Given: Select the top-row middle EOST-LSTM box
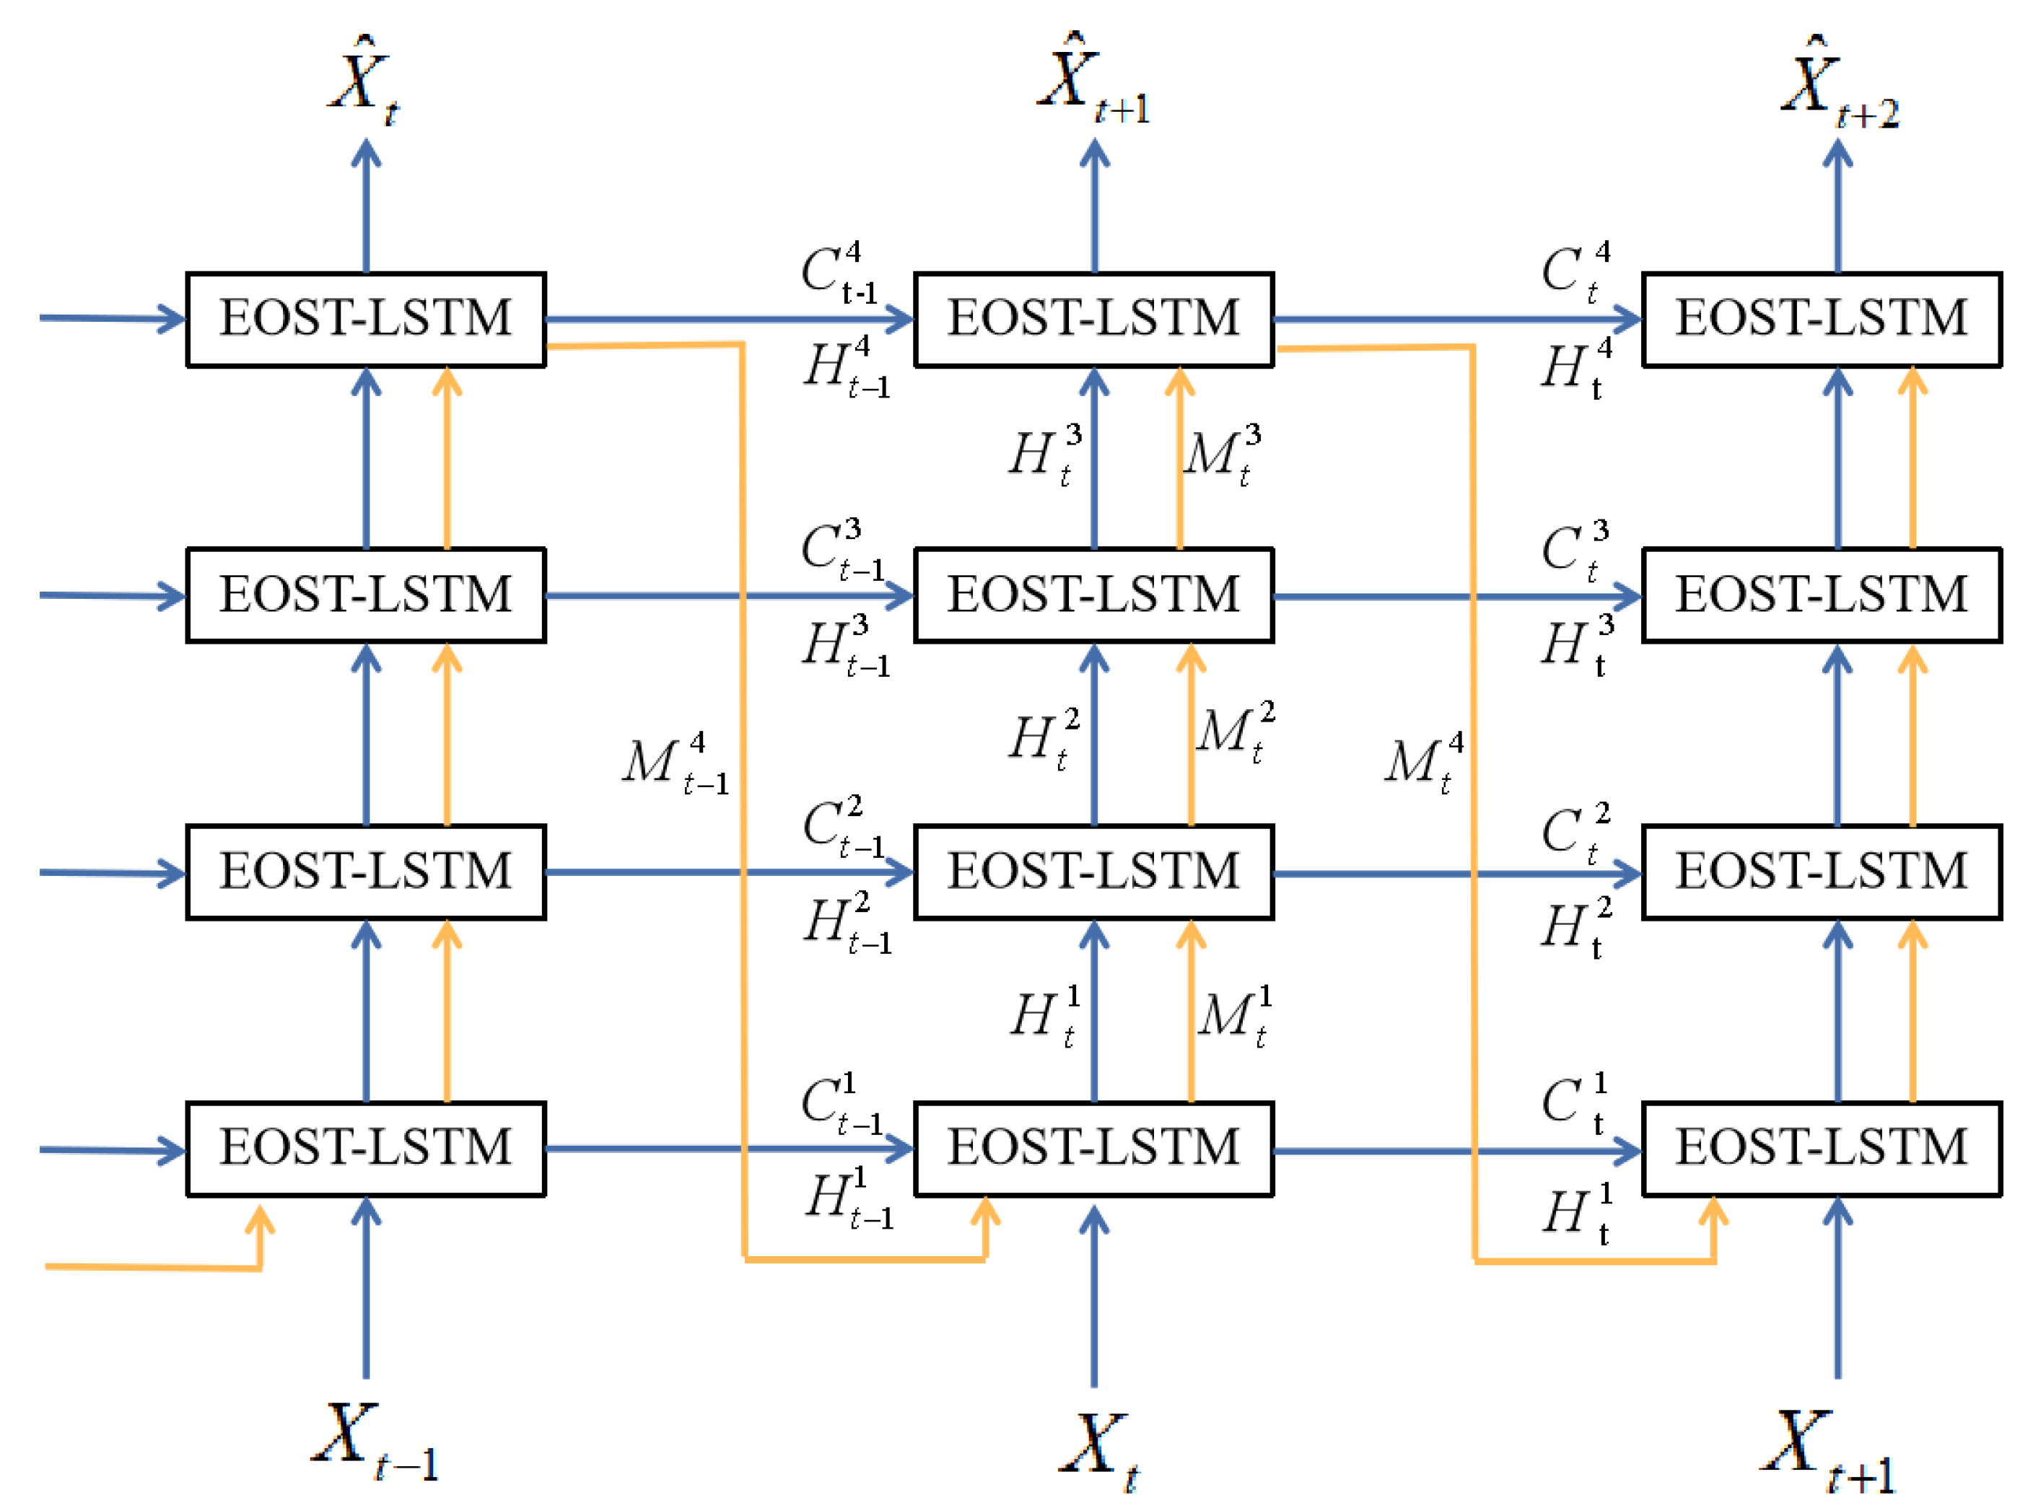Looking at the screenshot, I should click(1093, 320).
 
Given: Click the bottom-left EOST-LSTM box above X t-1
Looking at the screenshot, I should click(365, 1147).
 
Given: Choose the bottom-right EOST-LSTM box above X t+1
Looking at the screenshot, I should click(1821, 1147).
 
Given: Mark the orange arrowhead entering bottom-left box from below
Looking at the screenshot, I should click(261, 1219).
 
